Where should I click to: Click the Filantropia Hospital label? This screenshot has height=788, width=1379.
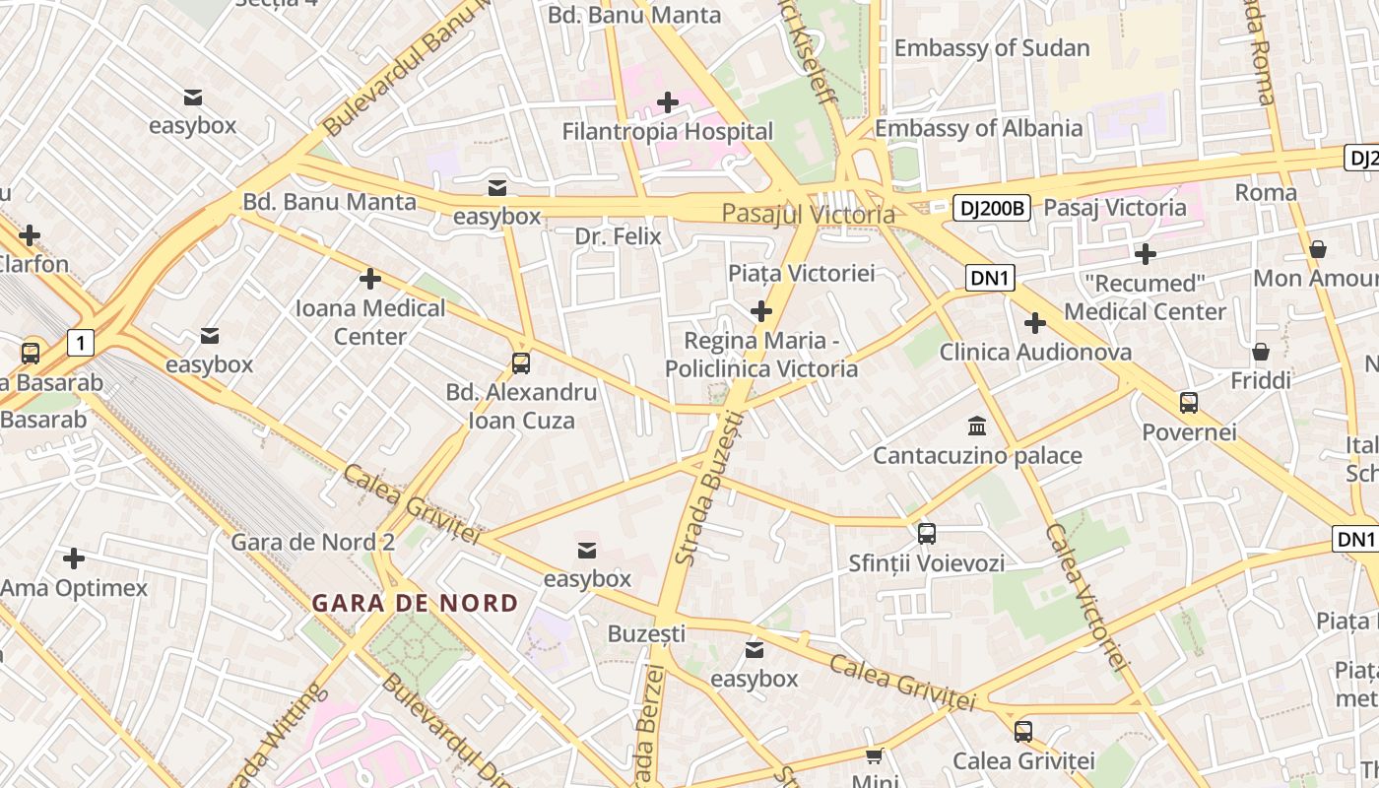click(x=667, y=131)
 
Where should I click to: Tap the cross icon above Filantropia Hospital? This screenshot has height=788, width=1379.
click(x=668, y=101)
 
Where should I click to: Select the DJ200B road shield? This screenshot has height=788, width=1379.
click(x=992, y=208)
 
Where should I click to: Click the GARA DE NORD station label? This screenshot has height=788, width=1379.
click(x=415, y=603)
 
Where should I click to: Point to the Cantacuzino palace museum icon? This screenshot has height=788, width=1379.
click(x=977, y=427)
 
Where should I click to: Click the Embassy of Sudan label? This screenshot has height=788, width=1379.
click(x=991, y=47)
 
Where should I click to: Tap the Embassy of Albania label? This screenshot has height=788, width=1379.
click(x=978, y=128)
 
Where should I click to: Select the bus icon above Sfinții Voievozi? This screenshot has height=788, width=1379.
click(x=926, y=534)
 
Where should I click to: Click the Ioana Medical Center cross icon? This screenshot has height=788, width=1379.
click(x=370, y=279)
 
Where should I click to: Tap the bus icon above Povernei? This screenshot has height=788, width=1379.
click(x=1189, y=402)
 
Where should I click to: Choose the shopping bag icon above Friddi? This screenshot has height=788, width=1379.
click(x=1260, y=352)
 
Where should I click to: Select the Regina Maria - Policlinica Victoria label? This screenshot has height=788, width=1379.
click(x=761, y=355)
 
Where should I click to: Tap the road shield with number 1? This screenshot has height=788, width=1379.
click(x=81, y=343)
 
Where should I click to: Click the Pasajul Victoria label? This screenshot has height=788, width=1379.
click(x=808, y=214)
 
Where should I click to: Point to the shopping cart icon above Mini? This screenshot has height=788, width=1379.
click(x=874, y=756)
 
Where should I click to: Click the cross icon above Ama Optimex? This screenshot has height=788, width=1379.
click(x=74, y=558)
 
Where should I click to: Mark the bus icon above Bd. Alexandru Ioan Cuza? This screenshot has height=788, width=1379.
click(x=521, y=362)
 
